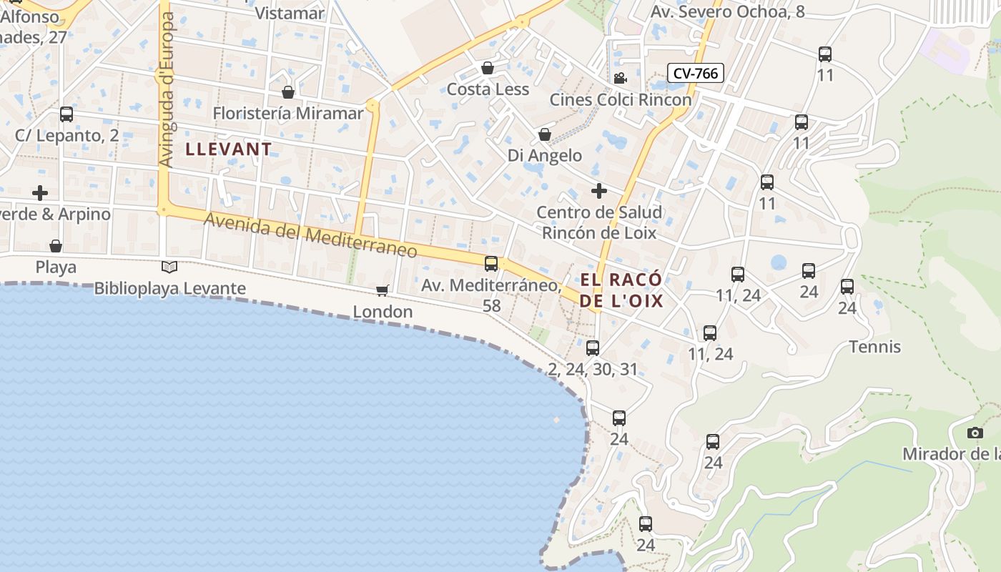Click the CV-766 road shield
696,73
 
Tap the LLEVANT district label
229,149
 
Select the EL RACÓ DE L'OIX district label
621,290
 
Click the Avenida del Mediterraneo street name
310,235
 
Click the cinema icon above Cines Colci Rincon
620,78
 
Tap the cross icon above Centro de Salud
599,191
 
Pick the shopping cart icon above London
383,290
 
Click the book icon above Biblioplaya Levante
169,267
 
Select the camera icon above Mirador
975,433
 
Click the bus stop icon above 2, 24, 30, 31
593,348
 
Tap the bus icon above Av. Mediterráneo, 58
491,264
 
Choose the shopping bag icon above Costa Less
488,68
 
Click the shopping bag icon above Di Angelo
545,134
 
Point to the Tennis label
874,347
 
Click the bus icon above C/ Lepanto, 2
66,114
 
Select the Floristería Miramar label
288,114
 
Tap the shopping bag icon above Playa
56,247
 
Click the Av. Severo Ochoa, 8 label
727,11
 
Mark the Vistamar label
290,13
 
